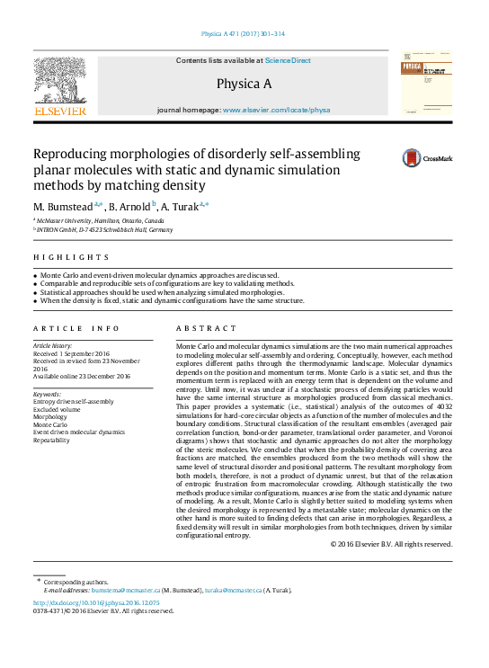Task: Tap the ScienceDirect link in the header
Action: pos(288,60)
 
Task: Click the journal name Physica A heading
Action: pos(244,84)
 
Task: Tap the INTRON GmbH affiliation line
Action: pos(104,230)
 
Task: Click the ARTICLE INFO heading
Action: pos(76,329)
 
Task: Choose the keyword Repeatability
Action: pos(53,441)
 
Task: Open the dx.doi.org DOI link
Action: pos(96,602)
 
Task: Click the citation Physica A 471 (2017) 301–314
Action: pos(244,34)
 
